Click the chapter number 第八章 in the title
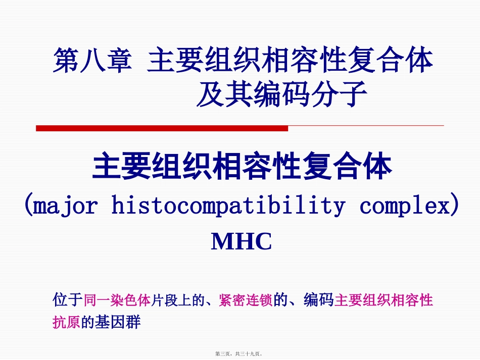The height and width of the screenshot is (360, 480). (92, 61)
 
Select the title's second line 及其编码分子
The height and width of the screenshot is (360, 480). (281, 94)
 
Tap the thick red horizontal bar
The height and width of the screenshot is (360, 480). (162, 129)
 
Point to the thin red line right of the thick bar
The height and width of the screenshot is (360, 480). (366, 125)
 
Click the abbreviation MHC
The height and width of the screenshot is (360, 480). (241, 242)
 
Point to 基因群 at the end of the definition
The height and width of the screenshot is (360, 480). (122, 322)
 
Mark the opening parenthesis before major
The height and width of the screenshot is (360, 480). (29, 206)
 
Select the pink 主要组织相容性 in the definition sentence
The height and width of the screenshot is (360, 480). (383, 300)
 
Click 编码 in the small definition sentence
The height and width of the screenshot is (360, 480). (318, 300)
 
